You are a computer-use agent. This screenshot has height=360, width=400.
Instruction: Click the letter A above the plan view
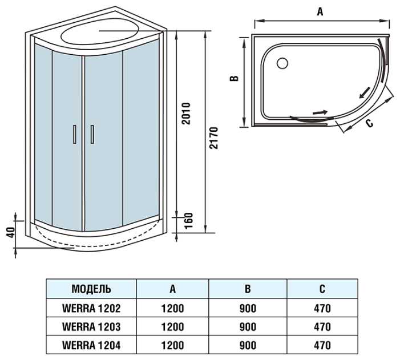click(x=320, y=11)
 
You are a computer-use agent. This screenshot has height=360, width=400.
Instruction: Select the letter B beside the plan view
click(x=234, y=79)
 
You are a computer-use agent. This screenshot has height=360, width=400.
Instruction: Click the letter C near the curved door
click(x=369, y=123)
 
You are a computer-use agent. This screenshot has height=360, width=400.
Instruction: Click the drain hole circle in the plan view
click(x=282, y=63)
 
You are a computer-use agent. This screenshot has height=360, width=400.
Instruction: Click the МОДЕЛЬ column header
click(x=91, y=289)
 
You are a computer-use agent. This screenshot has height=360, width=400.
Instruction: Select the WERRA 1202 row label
click(x=91, y=309)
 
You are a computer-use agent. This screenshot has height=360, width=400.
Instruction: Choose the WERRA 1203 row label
click(x=91, y=327)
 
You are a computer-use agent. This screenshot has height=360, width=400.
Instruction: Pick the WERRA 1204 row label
click(x=91, y=345)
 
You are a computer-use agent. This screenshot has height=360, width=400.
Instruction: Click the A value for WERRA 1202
click(x=172, y=309)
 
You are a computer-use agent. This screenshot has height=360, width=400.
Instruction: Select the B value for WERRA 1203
click(x=248, y=327)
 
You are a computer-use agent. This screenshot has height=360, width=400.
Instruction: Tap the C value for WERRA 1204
click(x=322, y=345)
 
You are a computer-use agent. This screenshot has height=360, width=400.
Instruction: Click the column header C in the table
click(x=322, y=289)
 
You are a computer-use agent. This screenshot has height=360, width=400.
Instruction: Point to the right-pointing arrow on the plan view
click(x=321, y=112)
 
